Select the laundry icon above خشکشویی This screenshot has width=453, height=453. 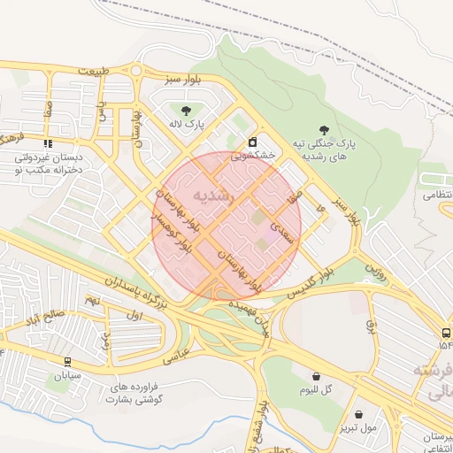253,142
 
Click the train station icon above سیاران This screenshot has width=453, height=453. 67,362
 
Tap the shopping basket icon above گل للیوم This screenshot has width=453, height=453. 316,375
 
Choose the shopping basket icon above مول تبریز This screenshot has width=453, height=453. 358,413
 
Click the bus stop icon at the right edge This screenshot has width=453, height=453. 444,333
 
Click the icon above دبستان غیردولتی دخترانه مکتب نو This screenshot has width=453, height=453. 47,142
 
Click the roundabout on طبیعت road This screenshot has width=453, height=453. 135,72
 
